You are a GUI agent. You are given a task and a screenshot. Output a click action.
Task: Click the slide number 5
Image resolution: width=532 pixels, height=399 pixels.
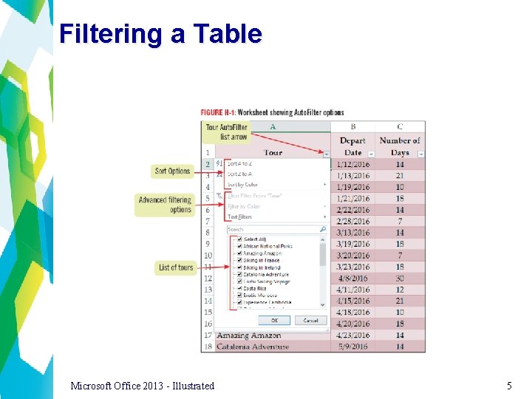pos(509,386)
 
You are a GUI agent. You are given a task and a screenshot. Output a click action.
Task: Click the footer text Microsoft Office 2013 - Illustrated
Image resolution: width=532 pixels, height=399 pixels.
pos(143,386)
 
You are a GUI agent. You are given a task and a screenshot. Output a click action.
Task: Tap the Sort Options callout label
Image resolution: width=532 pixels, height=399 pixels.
pos(172,171)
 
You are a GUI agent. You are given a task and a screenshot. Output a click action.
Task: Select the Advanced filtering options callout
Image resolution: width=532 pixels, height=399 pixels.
pos(164,205)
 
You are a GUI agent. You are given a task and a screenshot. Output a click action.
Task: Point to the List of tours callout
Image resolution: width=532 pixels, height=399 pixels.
pos(175,267)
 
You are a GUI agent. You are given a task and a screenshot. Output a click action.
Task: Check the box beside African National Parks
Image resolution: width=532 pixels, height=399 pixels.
pos(240,246)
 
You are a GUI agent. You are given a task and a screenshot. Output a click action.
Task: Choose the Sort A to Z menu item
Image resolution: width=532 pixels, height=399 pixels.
pos(240,163)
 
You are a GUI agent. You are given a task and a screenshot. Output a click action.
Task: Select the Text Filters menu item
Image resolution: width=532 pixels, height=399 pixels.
pos(240,217)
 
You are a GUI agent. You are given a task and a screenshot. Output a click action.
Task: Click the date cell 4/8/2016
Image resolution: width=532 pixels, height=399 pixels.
pos(353,279)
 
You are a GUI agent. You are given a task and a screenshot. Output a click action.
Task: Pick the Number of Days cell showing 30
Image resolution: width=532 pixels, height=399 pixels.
pos(400,279)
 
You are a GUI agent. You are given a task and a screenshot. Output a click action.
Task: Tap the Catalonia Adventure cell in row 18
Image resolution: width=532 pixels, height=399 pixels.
pos(253,347)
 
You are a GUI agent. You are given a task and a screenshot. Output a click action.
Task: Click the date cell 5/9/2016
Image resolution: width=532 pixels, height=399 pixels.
pos(353,347)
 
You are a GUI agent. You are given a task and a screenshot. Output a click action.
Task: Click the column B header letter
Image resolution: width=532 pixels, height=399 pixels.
pos(353,127)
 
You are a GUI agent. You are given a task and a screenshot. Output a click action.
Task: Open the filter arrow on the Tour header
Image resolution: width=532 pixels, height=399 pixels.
pos(327,154)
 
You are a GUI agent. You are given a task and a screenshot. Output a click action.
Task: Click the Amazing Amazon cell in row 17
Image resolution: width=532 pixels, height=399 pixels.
pos(248,335)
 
